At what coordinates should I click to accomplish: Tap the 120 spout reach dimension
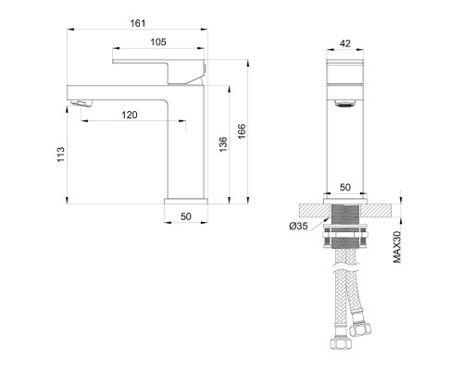[129, 115]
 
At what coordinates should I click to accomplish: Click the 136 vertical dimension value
[223, 146]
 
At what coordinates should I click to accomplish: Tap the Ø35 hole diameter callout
[299, 227]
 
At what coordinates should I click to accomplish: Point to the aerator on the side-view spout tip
[83, 103]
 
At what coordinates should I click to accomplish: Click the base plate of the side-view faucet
[184, 198]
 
